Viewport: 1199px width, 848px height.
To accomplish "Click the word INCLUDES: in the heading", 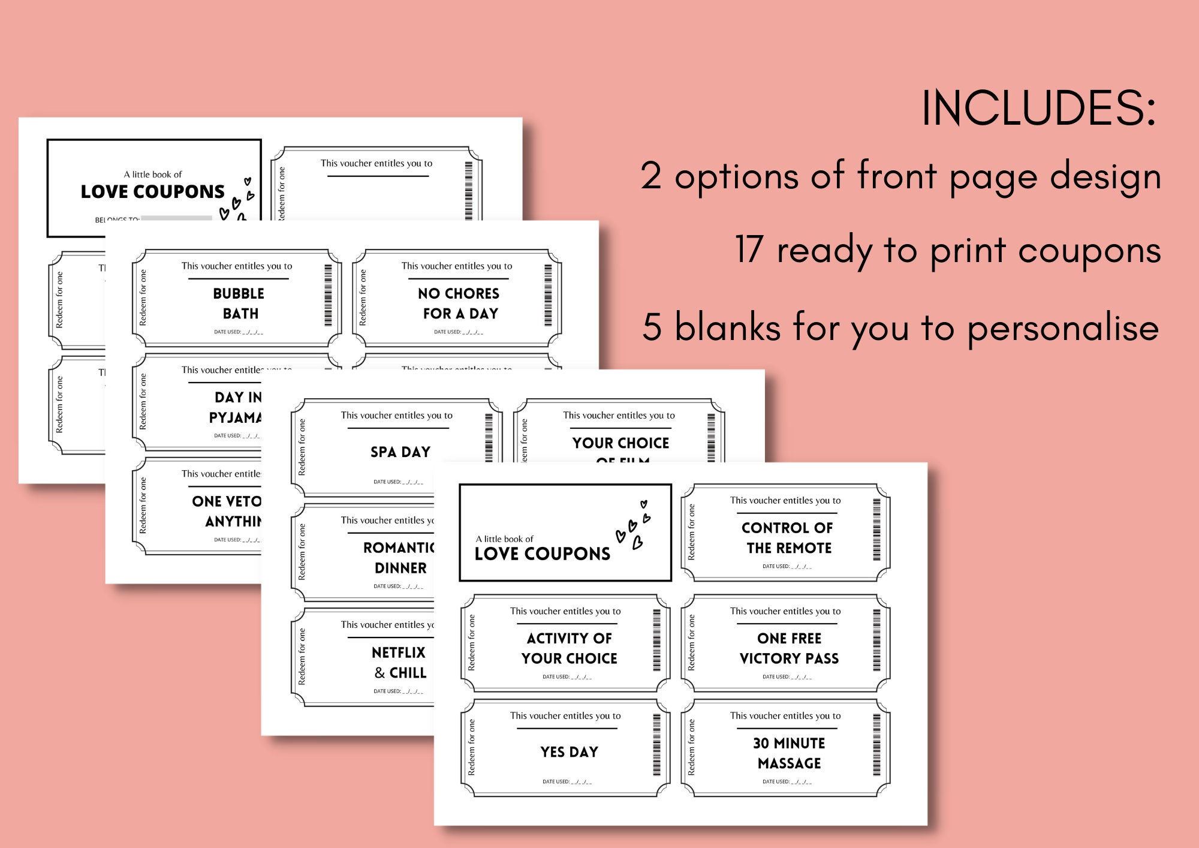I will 1038,108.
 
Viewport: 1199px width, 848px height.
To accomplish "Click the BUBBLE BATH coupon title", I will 239,303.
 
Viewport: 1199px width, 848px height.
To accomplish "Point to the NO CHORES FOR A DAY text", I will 459,303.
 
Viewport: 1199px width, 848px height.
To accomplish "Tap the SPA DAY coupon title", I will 400,452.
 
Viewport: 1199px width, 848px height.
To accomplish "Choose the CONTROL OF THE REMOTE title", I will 788,538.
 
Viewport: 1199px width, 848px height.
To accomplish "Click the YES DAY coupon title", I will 569,752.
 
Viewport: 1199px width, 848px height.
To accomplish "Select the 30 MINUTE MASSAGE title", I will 789,753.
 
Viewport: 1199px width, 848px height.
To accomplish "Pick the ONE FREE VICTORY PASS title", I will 789,648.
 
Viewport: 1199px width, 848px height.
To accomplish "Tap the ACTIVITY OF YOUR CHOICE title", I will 569,648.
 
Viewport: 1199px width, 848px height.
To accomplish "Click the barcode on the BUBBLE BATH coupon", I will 328,295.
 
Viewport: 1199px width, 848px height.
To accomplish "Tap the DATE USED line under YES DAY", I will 567,781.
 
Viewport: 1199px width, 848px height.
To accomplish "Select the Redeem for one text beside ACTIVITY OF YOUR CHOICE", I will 471,642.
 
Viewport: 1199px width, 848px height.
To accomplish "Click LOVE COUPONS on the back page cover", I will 152,192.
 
